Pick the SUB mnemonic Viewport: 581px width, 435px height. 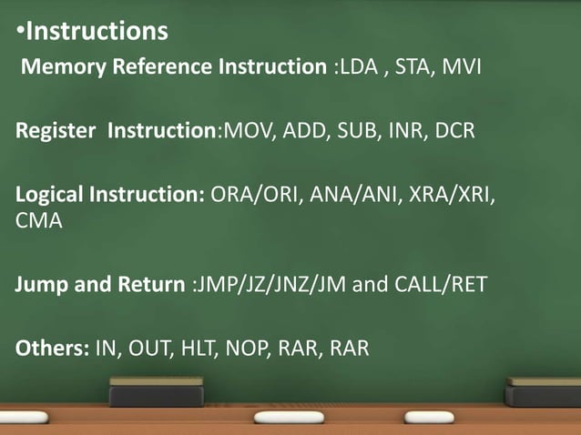point(352,131)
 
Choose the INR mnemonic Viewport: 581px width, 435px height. point(403,131)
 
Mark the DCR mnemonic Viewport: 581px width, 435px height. point(454,131)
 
